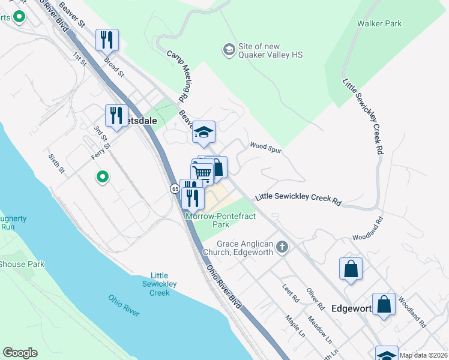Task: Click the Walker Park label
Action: (379, 23)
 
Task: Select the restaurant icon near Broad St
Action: (107, 40)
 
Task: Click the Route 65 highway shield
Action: (174, 188)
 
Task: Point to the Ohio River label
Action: (124, 305)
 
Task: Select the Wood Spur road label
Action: (266, 146)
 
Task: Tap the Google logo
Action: (20, 353)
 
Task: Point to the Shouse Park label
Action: (22, 264)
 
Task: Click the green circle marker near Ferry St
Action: (103, 176)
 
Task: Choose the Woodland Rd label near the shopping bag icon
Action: (411, 313)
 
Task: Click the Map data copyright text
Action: (423, 355)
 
